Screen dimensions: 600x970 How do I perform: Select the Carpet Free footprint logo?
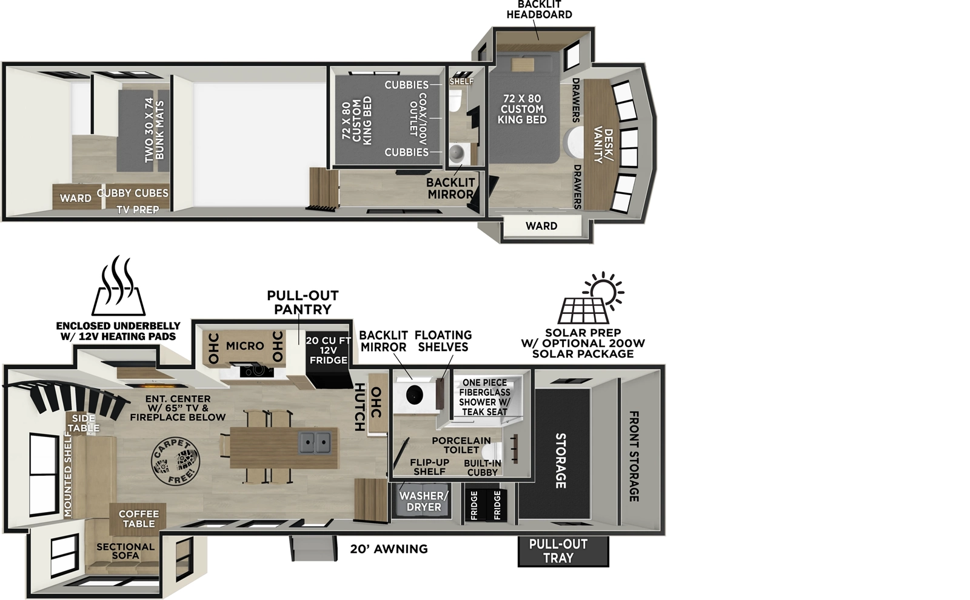click(175, 462)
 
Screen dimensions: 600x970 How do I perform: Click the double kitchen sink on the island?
click(315, 443)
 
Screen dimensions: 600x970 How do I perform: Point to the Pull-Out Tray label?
click(558, 551)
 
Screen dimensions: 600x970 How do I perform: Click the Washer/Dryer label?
click(424, 501)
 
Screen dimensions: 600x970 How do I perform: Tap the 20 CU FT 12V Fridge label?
click(328, 350)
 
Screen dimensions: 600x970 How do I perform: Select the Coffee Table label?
click(139, 519)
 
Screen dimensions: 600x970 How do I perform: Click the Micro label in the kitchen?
click(245, 346)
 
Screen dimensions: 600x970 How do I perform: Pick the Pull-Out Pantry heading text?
click(303, 302)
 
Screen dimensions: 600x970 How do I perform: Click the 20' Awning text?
click(389, 549)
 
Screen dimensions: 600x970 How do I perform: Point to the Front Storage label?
click(634, 456)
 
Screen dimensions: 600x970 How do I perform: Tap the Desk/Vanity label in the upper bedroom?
click(603, 145)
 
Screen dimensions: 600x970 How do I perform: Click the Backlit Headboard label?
click(539, 10)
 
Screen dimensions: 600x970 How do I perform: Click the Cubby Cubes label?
click(133, 193)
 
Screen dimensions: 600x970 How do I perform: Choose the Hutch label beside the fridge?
click(359, 407)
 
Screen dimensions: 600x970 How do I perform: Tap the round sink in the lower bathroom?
click(415, 395)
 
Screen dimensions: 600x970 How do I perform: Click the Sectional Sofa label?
click(125, 551)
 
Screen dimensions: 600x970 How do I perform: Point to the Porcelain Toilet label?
click(461, 445)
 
